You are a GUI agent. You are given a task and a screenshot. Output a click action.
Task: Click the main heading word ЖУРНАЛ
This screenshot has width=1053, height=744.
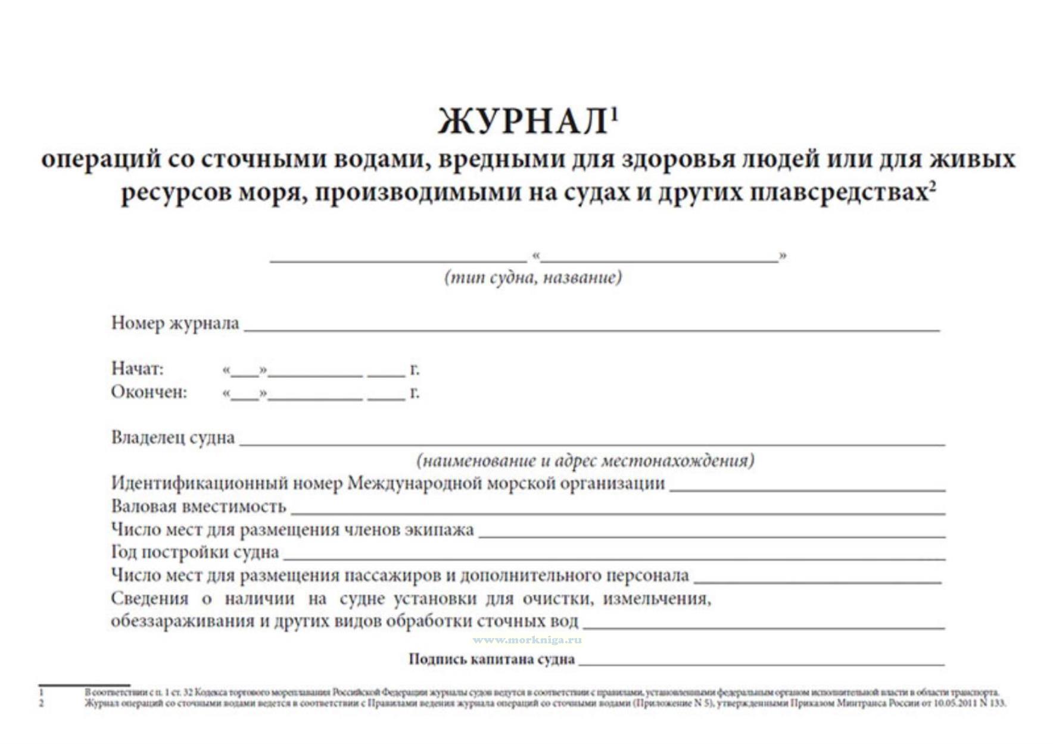(522, 122)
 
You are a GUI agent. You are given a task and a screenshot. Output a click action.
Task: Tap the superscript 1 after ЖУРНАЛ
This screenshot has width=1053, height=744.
(615, 113)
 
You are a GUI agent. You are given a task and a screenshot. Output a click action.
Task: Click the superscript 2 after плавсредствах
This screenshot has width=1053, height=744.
(932, 186)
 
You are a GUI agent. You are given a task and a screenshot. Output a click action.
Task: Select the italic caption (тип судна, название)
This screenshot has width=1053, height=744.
(533, 277)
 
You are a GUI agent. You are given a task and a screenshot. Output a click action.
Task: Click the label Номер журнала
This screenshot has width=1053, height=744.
(175, 323)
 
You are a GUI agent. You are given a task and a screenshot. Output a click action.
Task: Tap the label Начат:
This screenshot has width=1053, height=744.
(137, 369)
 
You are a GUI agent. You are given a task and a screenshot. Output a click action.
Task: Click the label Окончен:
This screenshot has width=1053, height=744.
(149, 392)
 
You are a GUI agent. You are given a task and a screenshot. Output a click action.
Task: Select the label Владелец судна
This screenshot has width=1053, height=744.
(173, 438)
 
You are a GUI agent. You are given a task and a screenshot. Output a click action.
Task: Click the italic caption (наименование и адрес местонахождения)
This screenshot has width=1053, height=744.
(585, 461)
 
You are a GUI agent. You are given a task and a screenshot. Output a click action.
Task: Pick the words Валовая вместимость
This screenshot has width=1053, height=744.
(198, 507)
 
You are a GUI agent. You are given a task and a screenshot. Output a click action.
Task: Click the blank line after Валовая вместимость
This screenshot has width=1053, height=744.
(617, 512)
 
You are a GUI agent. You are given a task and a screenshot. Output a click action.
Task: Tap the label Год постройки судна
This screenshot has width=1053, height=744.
(195, 552)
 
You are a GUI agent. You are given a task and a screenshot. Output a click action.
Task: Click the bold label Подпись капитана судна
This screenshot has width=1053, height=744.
(491, 659)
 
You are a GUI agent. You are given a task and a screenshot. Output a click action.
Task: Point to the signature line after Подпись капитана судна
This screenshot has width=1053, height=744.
(761, 663)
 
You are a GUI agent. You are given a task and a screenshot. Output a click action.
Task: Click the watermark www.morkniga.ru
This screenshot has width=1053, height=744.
(527, 640)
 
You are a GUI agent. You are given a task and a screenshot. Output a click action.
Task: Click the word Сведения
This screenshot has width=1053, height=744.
(149, 598)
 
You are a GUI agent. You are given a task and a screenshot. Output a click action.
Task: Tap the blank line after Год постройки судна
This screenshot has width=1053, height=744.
(613, 558)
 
